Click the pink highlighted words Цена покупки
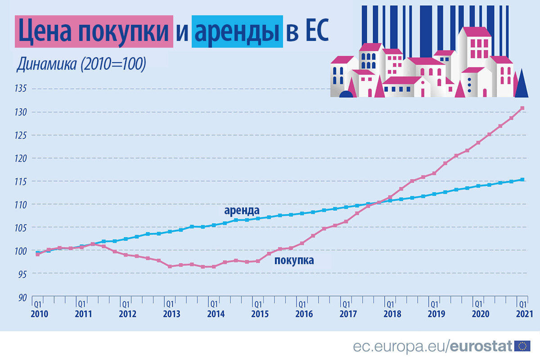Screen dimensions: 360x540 click(x=94, y=31)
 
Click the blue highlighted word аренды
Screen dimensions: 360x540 click(x=237, y=31)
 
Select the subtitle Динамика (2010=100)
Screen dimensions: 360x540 click(x=81, y=64)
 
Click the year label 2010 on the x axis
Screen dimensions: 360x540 click(x=39, y=313)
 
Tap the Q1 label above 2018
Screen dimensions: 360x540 click(x=391, y=303)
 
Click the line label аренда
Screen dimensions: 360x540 click(x=242, y=211)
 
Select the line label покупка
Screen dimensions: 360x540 click(x=294, y=260)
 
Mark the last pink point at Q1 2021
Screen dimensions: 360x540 click(x=522, y=108)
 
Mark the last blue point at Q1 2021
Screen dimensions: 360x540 click(x=522, y=180)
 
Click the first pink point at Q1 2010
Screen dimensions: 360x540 click(x=38, y=254)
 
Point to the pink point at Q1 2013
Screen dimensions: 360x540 click(x=170, y=266)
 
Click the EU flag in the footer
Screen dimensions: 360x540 click(x=522, y=346)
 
